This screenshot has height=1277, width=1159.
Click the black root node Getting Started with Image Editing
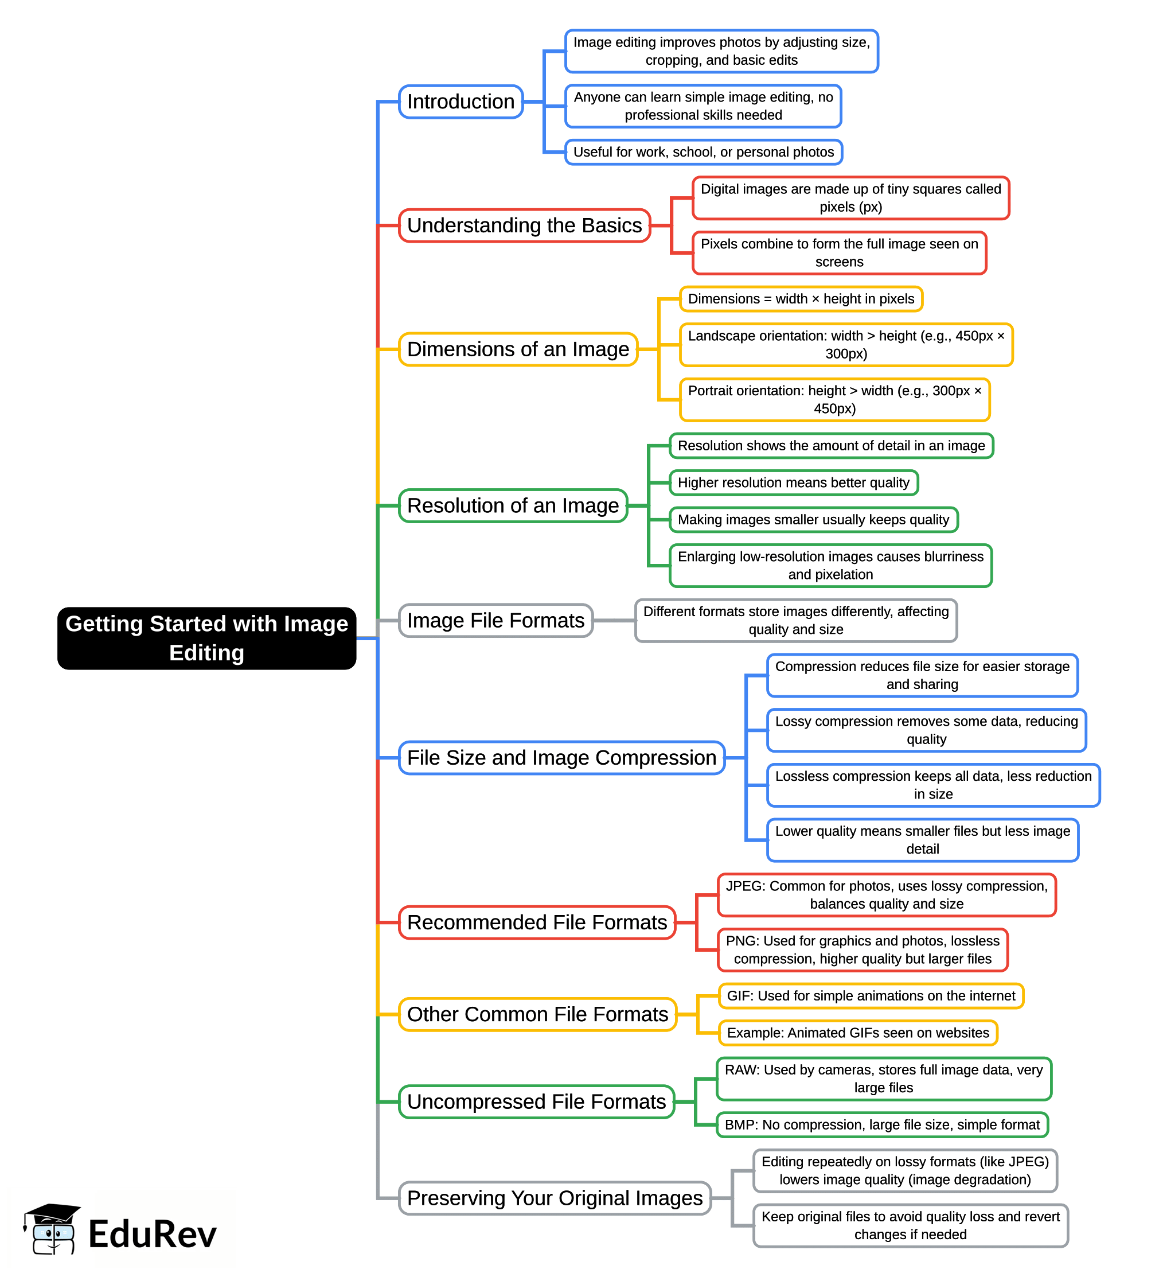click(x=206, y=638)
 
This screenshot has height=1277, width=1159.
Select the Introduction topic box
click(x=461, y=102)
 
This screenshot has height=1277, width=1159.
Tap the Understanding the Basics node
click(x=524, y=225)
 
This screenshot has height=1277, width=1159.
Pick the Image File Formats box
click(x=495, y=621)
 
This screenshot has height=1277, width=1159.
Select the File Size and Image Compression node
click(x=561, y=758)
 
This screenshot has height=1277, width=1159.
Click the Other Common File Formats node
click(x=537, y=1015)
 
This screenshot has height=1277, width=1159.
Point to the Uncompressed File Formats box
click(x=536, y=1102)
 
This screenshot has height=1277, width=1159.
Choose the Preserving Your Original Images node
click(x=554, y=1198)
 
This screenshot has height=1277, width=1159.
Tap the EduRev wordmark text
click(x=152, y=1234)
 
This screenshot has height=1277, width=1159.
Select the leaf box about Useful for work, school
click(x=703, y=153)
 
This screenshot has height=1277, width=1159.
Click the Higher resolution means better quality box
click(x=793, y=483)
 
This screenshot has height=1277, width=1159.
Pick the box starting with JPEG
click(x=886, y=895)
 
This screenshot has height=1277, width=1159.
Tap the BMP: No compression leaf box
click(x=881, y=1125)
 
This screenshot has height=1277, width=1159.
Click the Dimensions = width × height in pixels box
click(x=801, y=299)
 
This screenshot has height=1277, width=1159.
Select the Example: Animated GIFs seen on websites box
click(x=857, y=1033)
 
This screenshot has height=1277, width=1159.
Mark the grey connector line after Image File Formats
click(x=614, y=621)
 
